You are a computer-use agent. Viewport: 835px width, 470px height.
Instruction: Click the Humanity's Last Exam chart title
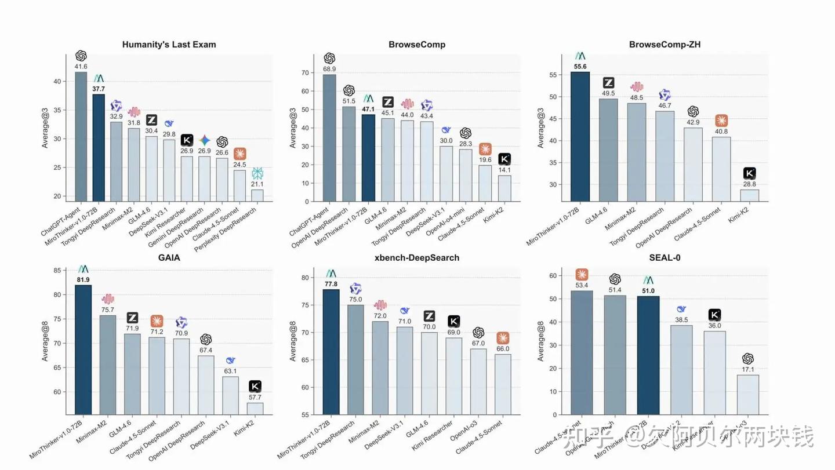click(x=169, y=45)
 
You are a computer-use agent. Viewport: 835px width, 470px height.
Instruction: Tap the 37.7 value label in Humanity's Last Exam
click(x=99, y=89)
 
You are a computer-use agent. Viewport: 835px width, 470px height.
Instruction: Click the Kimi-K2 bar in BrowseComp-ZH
click(x=750, y=195)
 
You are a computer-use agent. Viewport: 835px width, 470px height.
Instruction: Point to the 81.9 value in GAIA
click(x=83, y=280)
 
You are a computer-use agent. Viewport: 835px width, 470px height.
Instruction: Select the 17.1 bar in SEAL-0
click(x=748, y=395)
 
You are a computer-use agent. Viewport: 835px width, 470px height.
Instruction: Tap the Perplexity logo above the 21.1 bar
click(x=257, y=173)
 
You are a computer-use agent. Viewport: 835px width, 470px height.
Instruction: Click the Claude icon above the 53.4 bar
click(x=582, y=275)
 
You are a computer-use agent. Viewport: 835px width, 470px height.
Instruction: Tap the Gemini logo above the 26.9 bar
click(x=204, y=140)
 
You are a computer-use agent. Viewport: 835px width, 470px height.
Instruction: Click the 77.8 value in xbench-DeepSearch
click(x=331, y=284)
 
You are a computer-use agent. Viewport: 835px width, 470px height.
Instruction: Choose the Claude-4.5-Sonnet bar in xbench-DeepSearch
click(x=503, y=384)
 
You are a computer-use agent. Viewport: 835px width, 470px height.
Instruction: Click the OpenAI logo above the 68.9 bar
click(x=329, y=58)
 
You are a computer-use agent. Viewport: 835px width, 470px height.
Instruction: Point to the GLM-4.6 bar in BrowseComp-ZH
click(x=608, y=150)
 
